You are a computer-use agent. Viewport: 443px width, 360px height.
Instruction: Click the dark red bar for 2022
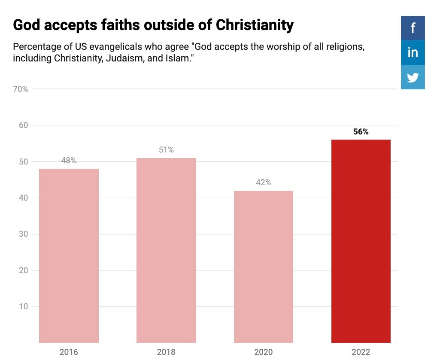[x=361, y=241]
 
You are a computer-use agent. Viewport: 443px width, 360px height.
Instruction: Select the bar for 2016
[x=69, y=256]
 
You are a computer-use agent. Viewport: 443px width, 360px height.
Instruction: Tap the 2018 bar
[x=166, y=250]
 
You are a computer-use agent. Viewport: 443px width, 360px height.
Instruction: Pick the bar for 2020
[x=263, y=267]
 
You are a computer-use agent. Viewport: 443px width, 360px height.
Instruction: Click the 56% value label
[x=361, y=132]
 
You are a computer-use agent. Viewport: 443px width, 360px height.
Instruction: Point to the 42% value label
[x=263, y=183]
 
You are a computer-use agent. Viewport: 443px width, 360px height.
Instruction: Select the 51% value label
[x=166, y=150]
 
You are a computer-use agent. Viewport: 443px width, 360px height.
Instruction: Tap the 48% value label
[x=69, y=161]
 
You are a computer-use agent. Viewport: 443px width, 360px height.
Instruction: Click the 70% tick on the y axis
[x=20, y=89]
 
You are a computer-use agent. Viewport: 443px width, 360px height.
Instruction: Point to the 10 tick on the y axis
[x=24, y=307]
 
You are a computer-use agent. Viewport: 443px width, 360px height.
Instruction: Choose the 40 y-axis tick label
[x=24, y=198]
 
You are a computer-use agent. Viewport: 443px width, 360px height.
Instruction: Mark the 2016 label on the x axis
[x=69, y=352]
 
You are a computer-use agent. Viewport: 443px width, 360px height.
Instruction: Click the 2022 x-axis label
[x=361, y=352]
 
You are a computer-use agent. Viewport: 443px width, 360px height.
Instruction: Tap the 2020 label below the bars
[x=263, y=352]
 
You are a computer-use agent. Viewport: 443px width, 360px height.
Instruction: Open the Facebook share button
[x=413, y=28]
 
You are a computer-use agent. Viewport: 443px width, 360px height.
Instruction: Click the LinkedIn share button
[x=413, y=52]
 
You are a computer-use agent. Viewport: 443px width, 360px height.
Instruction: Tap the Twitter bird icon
[x=413, y=77]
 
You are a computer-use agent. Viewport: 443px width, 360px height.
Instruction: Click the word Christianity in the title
[x=255, y=25]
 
